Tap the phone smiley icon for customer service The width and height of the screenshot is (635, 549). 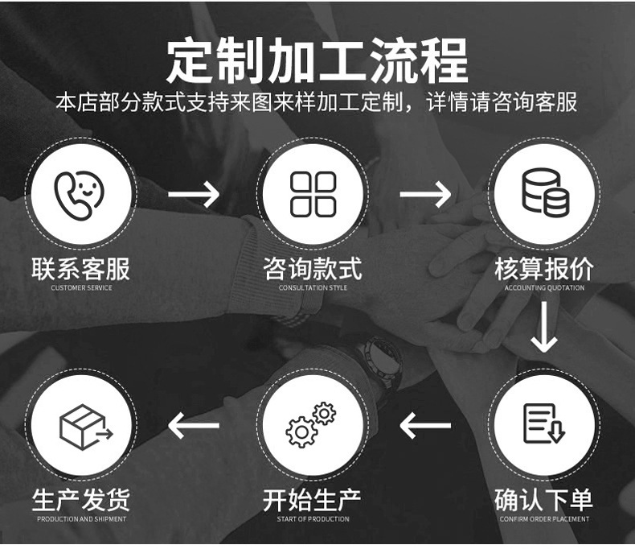tap(80, 194)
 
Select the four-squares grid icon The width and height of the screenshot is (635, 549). tap(313, 194)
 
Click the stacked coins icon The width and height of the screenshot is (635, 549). tap(545, 192)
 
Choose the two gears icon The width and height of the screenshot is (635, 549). tap(311, 424)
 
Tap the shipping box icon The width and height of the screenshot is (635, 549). tap(83, 425)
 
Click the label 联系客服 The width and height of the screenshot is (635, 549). tap(80, 268)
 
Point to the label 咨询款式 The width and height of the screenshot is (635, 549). tap(313, 268)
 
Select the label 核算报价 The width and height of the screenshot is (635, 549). tap(544, 268)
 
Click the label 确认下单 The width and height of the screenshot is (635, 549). tap(544, 499)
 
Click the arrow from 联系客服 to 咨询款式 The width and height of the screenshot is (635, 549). tap(193, 194)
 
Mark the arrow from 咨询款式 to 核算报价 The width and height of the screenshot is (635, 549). tap(425, 194)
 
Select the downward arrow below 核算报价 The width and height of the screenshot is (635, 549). tap(544, 326)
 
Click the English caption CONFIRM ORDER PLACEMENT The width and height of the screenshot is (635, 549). tap(544, 519)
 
